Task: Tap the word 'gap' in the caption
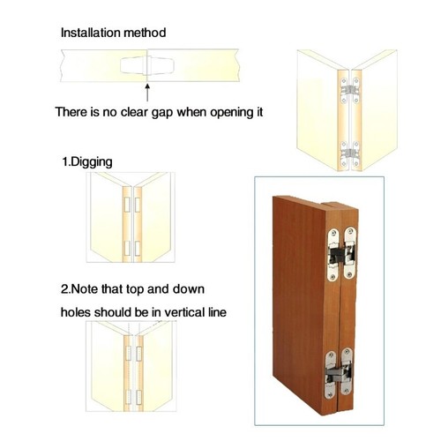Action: (x=161, y=113)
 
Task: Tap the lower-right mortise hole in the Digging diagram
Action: (x=137, y=244)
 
